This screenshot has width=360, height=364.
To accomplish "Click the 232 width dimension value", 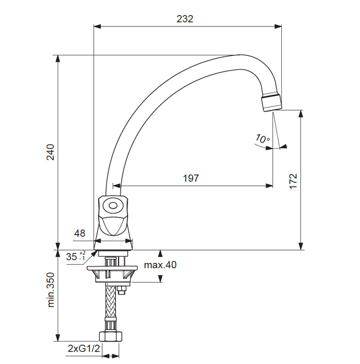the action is click(x=185, y=19).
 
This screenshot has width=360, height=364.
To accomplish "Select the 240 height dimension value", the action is click(x=50, y=152).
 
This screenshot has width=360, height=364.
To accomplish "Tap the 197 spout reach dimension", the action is click(x=191, y=178).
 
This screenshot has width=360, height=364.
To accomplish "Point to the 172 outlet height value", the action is click(x=293, y=182).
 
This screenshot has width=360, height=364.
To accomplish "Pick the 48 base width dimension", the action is click(x=80, y=233).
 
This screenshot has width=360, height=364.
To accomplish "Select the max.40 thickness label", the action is click(x=160, y=265).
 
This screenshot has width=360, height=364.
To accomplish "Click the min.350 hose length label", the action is click(x=50, y=290).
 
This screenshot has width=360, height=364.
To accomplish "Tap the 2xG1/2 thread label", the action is click(x=84, y=348).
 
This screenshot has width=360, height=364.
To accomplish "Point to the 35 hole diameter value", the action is click(x=71, y=257).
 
